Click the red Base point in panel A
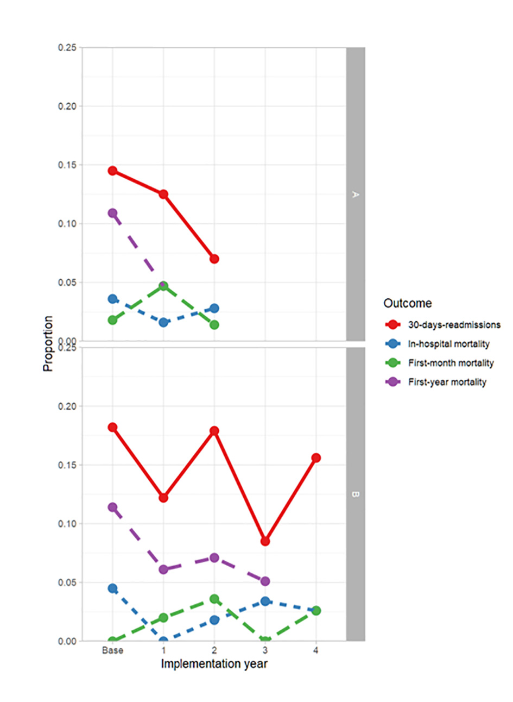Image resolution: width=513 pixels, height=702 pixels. click(x=112, y=171)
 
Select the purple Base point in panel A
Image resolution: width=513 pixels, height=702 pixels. click(x=112, y=213)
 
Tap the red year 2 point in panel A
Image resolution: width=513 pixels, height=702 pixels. click(x=214, y=259)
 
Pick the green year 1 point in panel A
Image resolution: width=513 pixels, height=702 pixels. click(x=163, y=286)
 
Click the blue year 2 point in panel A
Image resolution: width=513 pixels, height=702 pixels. click(x=214, y=308)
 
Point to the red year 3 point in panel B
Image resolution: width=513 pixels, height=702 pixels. click(x=265, y=541)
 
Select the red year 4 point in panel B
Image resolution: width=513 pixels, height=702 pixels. click(x=316, y=458)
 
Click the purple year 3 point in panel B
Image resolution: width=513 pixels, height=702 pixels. click(x=265, y=581)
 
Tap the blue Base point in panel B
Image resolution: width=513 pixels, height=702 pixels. click(x=112, y=588)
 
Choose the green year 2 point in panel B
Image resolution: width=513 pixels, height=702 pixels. click(x=214, y=599)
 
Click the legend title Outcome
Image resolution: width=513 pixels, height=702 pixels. click(x=408, y=303)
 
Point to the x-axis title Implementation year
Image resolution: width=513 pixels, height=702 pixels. click(x=214, y=664)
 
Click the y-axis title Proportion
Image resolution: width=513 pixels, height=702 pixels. click(x=48, y=343)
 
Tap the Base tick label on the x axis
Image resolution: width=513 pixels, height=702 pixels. click(x=112, y=650)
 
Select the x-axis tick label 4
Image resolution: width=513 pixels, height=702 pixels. click(x=316, y=650)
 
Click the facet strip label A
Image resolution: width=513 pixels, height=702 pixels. click(x=356, y=194)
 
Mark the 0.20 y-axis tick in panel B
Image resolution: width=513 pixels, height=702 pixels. click(x=67, y=406)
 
